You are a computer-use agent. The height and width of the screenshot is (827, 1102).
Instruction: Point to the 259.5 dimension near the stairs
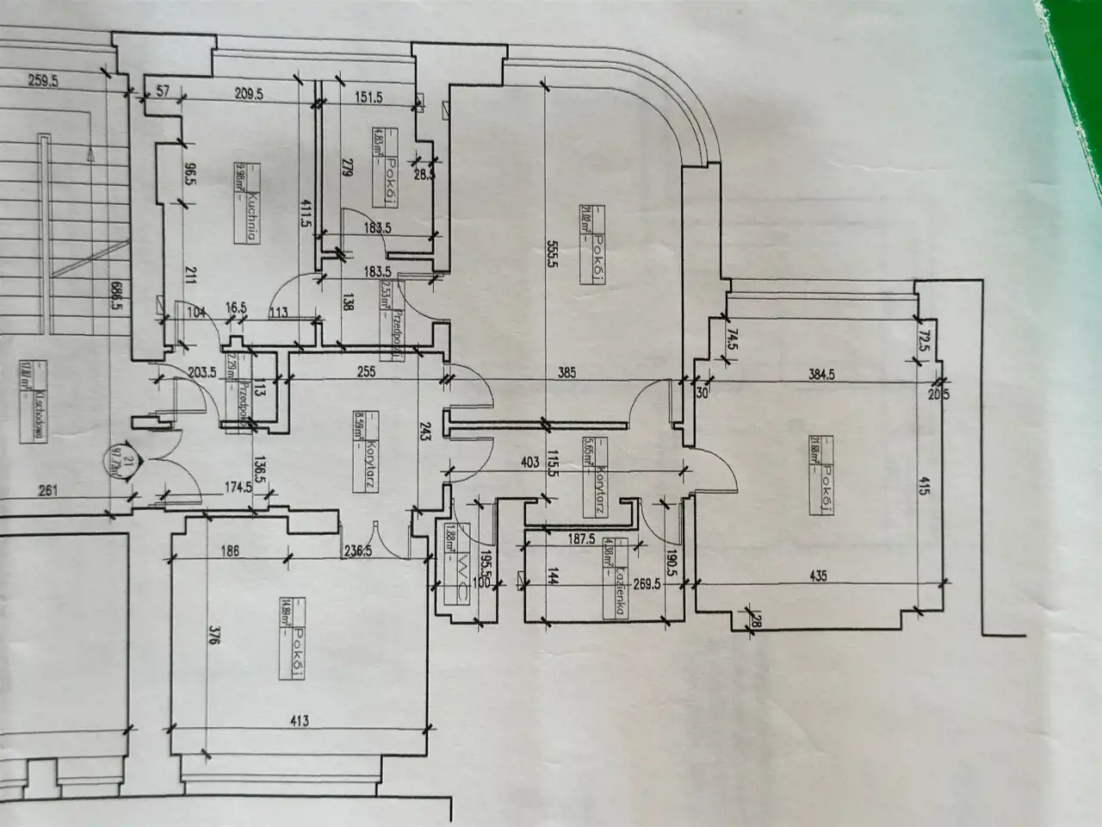48,83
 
